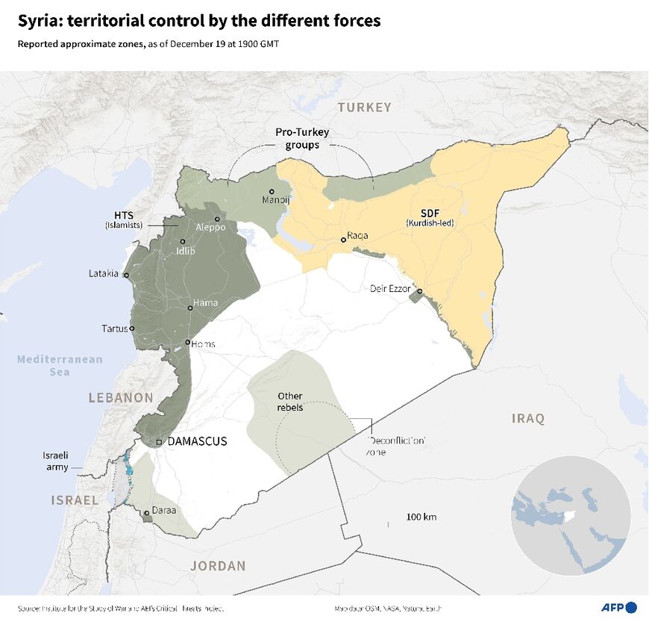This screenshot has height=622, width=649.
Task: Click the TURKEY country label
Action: click(364, 108)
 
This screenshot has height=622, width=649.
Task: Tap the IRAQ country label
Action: click(528, 418)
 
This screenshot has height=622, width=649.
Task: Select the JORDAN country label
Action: click(218, 566)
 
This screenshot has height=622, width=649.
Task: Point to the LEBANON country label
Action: click(121, 398)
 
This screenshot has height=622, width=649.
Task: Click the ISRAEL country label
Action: click(74, 500)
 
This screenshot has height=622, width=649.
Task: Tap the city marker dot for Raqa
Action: click(343, 240)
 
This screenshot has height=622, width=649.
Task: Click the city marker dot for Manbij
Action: click(272, 191)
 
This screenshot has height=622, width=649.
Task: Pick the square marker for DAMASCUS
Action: click(159, 443)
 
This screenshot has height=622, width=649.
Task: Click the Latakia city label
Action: click(104, 273)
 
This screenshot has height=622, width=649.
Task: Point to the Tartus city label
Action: click(115, 328)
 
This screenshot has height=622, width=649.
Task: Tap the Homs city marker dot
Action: click(188, 343)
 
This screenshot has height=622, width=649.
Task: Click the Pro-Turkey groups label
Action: click(302, 138)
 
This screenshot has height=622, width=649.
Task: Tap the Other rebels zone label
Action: click(289, 401)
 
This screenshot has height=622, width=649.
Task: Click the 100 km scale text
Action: click(421, 517)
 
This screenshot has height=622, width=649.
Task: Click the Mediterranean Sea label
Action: click(60, 365)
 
